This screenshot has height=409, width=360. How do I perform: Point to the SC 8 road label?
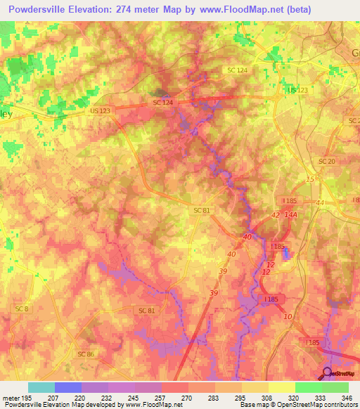[x=22, y=309]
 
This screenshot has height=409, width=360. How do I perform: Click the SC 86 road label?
[x=86, y=353]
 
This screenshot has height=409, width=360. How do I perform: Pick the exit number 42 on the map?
[x=275, y=216]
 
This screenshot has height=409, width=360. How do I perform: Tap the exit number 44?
[x=321, y=202]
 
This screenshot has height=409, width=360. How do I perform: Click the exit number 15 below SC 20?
[x=310, y=181]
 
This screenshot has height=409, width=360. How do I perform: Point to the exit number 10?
[x=288, y=316]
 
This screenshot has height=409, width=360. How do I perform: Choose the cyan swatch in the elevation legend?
[x=41, y=387]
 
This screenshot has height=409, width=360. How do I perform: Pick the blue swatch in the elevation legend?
[x=68, y=387]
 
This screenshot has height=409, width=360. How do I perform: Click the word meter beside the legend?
[x=11, y=398]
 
